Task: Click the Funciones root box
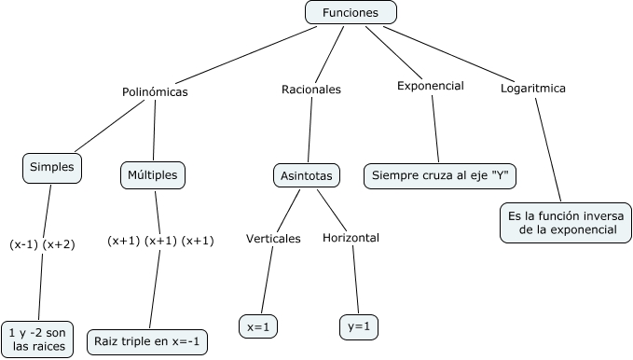pyautogui.click(x=351, y=12)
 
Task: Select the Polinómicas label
pyautogui.click(x=155, y=92)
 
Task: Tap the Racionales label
pyautogui.click(x=311, y=90)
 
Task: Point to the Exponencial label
pyautogui.click(x=431, y=86)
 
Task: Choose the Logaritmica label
pyautogui.click(x=533, y=89)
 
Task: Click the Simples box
pyautogui.click(x=52, y=168)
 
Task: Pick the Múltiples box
pyautogui.click(x=153, y=175)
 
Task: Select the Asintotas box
pyautogui.click(x=307, y=175)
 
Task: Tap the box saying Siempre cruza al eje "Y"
pyautogui.click(x=440, y=175)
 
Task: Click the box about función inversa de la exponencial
pyautogui.click(x=566, y=223)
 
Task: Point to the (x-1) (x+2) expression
pyautogui.click(x=42, y=244)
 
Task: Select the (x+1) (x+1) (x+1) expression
pyautogui.click(x=160, y=241)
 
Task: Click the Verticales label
pyautogui.click(x=273, y=239)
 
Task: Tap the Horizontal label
pyautogui.click(x=351, y=238)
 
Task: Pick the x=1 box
pyautogui.click(x=258, y=326)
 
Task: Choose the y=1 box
pyautogui.click(x=359, y=326)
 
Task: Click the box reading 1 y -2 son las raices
pyautogui.click(x=37, y=339)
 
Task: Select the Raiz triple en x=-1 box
pyautogui.click(x=147, y=342)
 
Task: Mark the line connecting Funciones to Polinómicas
pyautogui.click(x=246, y=55)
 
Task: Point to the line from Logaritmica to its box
pyautogui.click(x=548, y=149)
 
